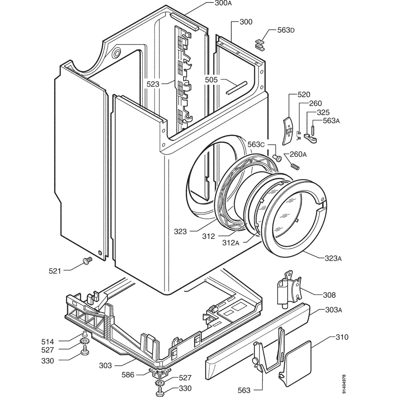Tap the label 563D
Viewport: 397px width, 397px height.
(286, 30)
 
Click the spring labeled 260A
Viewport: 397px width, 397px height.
(295, 166)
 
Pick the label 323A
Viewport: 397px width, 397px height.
(333, 258)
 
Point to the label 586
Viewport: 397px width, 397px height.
(128, 375)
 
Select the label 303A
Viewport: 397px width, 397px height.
(333, 310)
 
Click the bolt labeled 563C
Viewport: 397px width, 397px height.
(278, 157)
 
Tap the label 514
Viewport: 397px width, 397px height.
(48, 342)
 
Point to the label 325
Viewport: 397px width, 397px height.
(323, 113)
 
